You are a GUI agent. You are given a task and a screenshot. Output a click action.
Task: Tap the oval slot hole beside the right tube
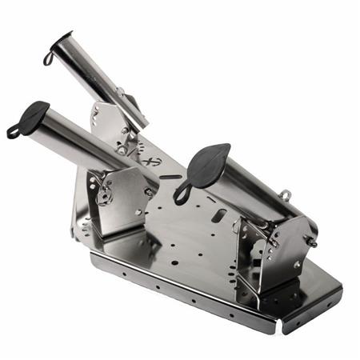pyautogui.click(x=218, y=214)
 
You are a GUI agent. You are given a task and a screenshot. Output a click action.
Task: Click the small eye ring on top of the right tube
pyautogui.click(x=285, y=194)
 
